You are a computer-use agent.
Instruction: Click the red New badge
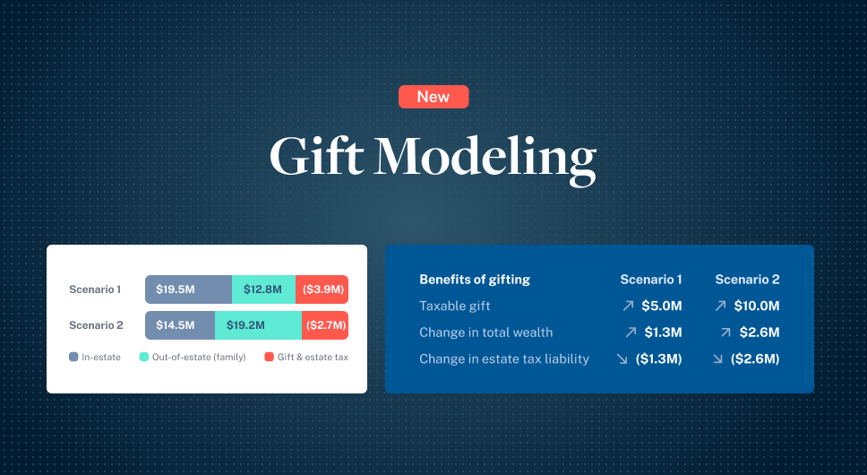433,97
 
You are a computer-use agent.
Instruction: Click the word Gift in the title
315,156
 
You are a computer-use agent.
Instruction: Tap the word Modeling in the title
485,158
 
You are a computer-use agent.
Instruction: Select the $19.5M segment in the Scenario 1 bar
188,289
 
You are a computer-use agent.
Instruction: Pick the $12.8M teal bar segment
263,289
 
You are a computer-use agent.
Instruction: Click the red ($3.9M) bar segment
322,289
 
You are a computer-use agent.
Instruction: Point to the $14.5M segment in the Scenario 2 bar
180,325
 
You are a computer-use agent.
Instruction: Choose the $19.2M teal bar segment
258,325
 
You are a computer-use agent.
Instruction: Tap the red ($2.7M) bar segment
325,325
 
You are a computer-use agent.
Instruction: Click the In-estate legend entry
95,358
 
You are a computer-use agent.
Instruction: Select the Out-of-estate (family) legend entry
193,358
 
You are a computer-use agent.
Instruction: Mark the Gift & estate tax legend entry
306,358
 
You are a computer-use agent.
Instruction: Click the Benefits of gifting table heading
475,279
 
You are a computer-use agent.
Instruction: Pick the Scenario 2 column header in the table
747,279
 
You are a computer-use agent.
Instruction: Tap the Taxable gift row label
455,306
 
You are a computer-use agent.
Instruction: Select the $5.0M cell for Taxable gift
662,306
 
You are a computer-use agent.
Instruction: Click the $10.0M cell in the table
757,306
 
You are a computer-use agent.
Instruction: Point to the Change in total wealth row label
485,332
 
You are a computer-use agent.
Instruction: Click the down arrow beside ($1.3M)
622,359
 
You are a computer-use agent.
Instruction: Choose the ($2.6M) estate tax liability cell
755,359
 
